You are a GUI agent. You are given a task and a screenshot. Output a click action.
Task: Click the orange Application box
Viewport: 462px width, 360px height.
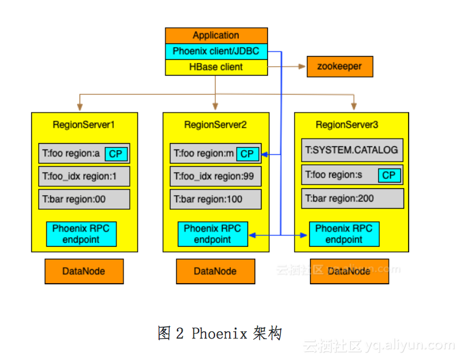point(216,36)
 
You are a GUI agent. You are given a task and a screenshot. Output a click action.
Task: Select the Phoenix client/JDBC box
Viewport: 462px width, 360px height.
point(216,51)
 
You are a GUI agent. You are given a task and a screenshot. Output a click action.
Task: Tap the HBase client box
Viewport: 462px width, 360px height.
point(216,67)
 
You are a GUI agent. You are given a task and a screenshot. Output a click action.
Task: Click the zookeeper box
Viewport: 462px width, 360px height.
point(339,66)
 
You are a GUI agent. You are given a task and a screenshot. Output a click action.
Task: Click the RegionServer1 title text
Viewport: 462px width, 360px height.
point(84,124)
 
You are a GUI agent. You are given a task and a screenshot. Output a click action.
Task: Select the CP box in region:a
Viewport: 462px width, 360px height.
point(115,153)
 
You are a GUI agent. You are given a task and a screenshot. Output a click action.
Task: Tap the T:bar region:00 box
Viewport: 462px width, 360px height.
point(84,199)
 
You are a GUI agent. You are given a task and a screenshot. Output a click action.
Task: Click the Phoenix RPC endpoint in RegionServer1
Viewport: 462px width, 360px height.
point(81,234)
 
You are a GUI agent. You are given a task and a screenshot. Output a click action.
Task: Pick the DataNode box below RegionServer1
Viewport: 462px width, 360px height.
point(83,271)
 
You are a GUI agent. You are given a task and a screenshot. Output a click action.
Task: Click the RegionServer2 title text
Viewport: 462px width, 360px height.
point(215,124)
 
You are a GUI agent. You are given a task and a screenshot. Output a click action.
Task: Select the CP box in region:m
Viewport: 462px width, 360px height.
point(247,153)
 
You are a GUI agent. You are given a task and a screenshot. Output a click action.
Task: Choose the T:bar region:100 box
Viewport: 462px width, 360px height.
point(215,199)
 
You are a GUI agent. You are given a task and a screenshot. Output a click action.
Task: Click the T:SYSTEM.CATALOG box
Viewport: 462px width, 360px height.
point(352,150)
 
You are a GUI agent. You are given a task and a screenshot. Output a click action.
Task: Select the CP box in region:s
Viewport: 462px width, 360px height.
point(389,176)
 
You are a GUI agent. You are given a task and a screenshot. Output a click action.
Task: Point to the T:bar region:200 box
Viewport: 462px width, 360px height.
point(352,198)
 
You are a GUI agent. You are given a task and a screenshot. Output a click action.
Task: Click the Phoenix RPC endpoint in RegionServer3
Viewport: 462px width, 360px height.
point(344,234)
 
